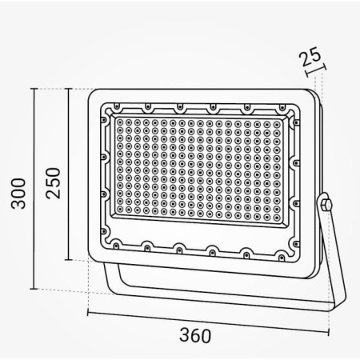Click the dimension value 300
click(18, 194)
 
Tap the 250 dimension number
click(54, 183)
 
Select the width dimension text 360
click(195, 335)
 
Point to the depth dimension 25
click(310, 57)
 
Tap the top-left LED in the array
click(120, 122)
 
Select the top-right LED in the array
click(277, 124)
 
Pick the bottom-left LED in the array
click(120, 210)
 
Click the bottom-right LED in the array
click(277, 218)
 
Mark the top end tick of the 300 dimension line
click(34, 89)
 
